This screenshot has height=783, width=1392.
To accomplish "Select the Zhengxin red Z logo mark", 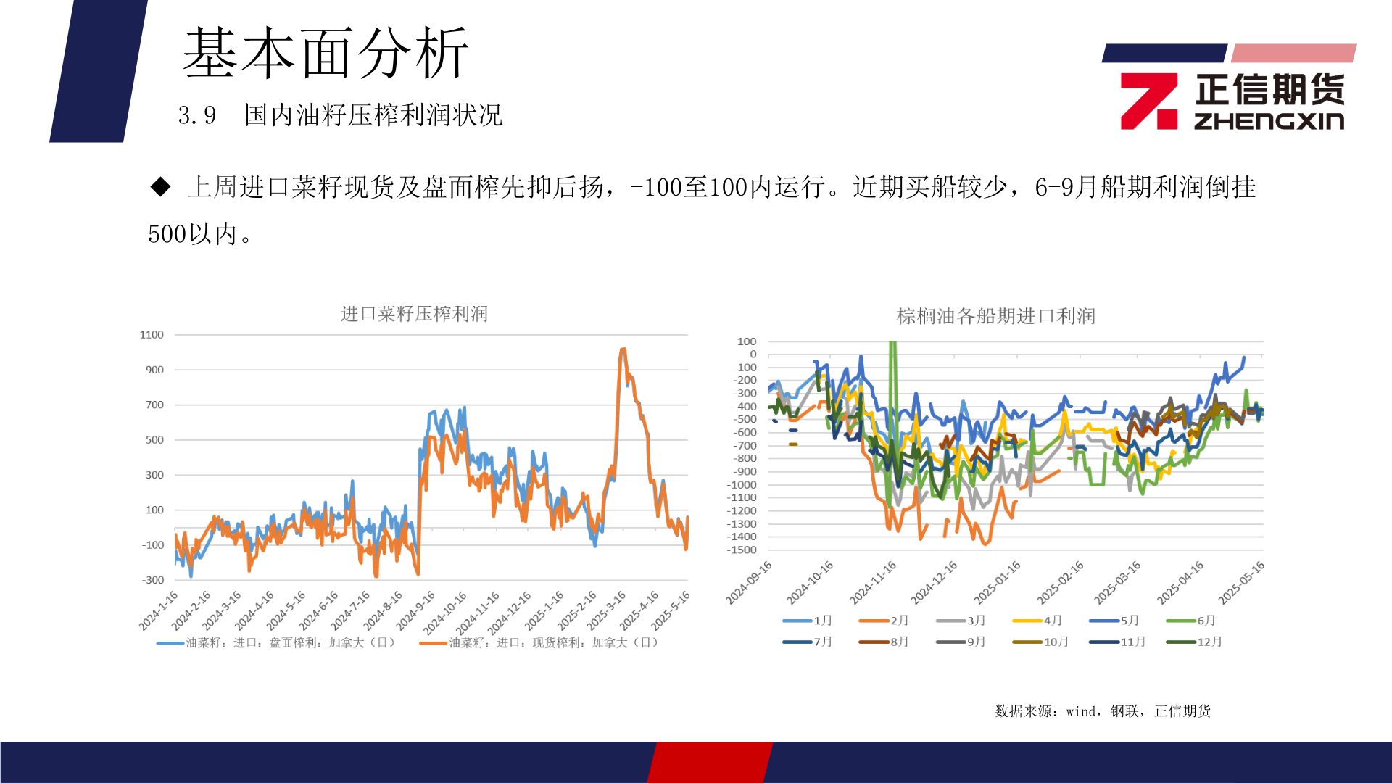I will [1148, 101].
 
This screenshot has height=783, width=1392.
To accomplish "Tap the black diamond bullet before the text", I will [160, 187].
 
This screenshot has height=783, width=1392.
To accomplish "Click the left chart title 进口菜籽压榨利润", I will [414, 314].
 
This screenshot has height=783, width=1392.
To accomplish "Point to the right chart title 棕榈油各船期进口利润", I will [995, 316].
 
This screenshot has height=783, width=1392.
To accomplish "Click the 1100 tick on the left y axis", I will [152, 335].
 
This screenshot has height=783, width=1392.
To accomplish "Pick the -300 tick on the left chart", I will [153, 580].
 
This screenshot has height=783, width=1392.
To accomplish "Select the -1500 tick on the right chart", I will [742, 550].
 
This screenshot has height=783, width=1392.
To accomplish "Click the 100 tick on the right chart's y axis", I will [746, 341].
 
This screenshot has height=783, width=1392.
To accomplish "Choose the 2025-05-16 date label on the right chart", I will [1241, 583].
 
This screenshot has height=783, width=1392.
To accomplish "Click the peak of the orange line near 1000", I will [623, 350].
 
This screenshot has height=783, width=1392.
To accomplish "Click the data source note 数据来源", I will [1102, 711].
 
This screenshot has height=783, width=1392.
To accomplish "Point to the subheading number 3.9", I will [196, 115].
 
